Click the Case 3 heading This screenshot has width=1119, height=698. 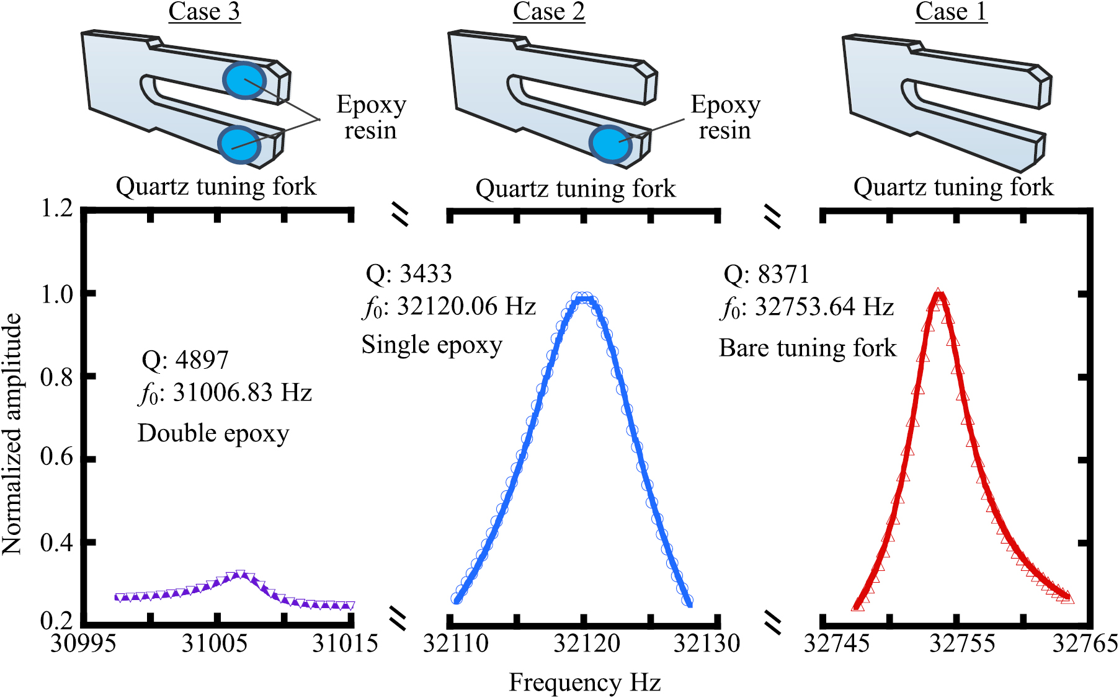pos(204,12)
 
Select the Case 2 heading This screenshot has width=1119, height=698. pos(549,12)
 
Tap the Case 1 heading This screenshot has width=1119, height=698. pos(951,12)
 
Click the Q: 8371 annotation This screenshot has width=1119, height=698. pos(767,275)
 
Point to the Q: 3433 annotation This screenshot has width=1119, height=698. pos(409,274)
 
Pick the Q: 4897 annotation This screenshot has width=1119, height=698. pos(185,360)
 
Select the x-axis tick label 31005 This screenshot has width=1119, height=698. pos(214,643)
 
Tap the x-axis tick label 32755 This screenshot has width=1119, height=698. pos(961,643)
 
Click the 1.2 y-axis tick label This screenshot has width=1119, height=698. pos(56,208)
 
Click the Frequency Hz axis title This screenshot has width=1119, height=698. pos(585,683)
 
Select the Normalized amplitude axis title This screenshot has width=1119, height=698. pos(12,434)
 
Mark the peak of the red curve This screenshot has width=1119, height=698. pos(938,293)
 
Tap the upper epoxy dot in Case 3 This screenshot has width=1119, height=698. pos(245,81)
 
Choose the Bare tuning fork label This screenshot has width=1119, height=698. pos(808,348)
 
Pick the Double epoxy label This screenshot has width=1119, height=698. pos(213,434)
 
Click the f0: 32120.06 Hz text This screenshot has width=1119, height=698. pos(449,307)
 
